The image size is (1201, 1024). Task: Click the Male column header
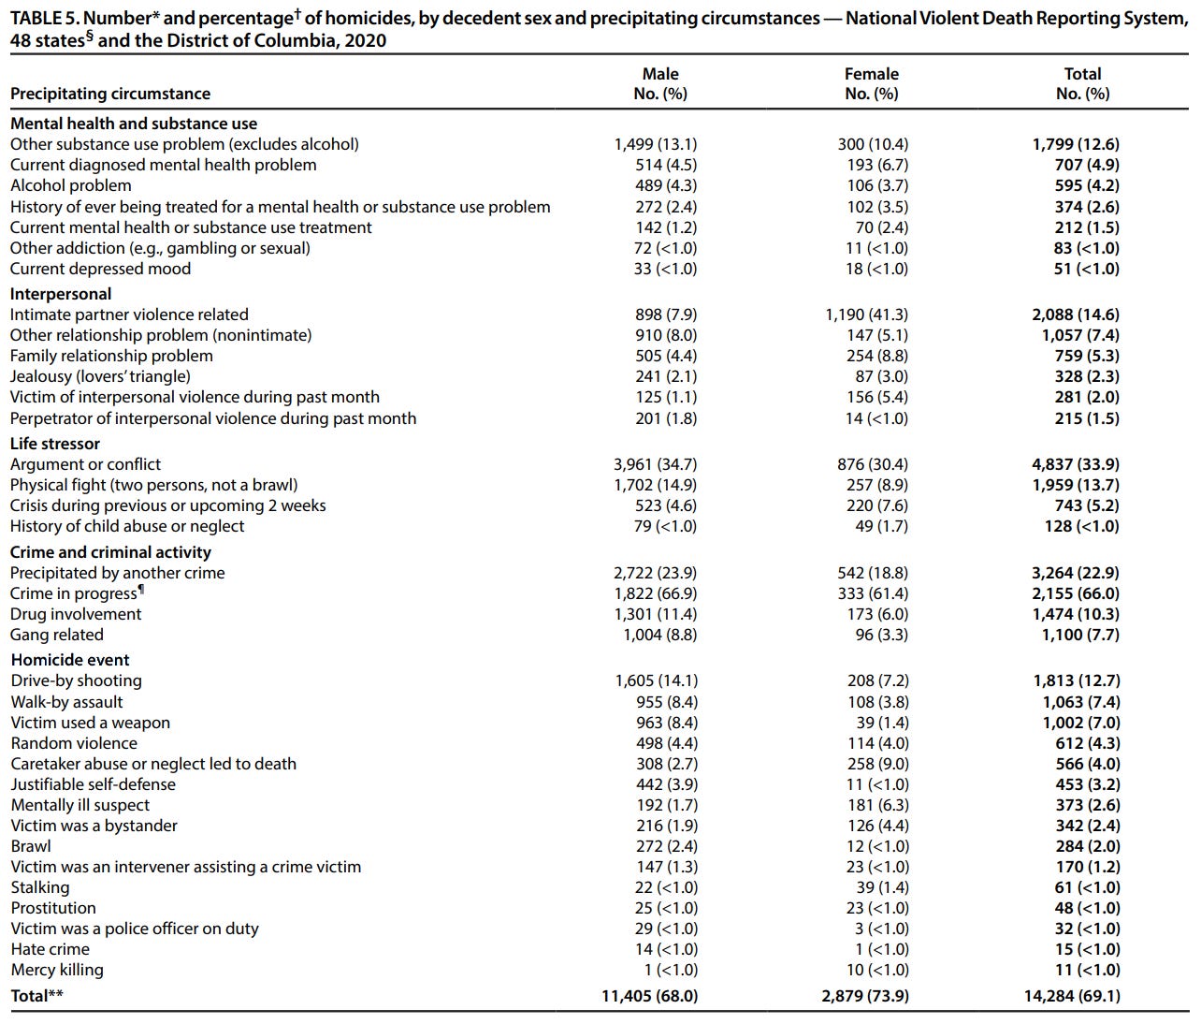660,83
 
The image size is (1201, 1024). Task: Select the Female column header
871,83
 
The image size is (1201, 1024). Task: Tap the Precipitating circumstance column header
110,94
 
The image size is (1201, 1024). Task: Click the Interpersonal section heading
61,294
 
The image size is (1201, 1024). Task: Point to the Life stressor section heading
55,444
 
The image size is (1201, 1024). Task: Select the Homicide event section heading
70,660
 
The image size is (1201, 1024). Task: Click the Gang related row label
57,635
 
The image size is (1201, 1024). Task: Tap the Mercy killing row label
57,970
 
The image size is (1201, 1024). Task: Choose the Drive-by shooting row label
77,680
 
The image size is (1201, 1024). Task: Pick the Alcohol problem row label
71,185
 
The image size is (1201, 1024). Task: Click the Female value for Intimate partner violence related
866,315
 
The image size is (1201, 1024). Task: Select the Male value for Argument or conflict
655,464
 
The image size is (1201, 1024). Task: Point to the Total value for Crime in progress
1076,593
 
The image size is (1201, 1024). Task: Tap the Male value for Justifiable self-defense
666,784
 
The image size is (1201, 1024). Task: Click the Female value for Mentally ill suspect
877,805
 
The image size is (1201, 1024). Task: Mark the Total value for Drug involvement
1076,614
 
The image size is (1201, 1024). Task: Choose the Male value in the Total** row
649,996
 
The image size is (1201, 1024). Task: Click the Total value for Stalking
1087,887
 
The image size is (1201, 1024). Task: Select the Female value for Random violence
877,743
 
